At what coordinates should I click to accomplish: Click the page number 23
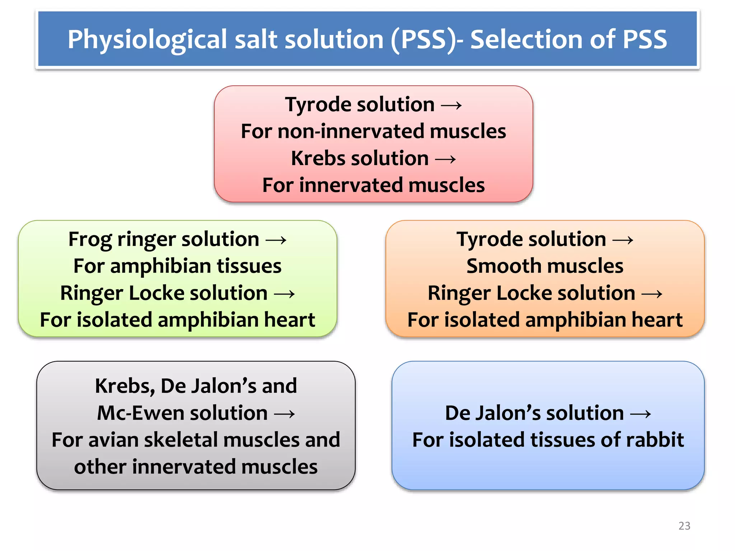pos(684,526)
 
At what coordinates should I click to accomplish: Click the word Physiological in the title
pos(147,39)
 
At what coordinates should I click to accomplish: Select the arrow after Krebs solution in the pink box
pos(445,159)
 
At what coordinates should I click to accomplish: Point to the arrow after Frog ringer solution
pos(276,240)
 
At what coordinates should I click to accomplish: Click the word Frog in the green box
pos(90,240)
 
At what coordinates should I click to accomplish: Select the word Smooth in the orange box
pos(496,266)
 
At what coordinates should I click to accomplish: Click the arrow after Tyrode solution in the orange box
pos(623,240)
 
